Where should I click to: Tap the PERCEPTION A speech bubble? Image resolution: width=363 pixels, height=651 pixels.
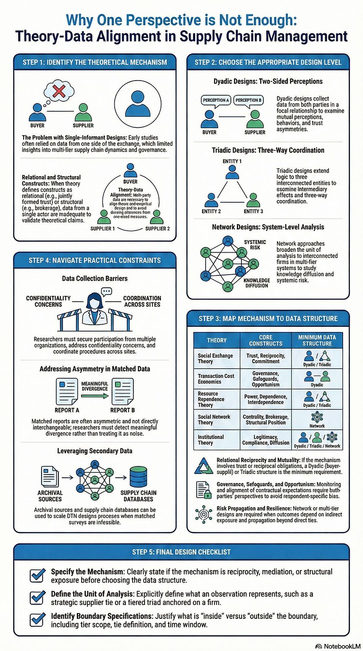point(216,100)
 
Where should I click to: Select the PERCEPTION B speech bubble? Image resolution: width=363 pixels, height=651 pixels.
point(248,100)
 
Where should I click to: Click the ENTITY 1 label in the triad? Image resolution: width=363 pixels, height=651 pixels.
point(232,161)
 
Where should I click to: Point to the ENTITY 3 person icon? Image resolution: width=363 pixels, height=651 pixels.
point(253,200)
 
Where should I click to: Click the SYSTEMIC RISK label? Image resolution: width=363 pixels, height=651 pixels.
point(255,245)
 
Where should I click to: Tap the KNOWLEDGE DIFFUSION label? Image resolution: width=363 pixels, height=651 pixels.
point(256,283)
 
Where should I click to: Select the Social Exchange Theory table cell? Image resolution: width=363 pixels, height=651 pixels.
point(215,358)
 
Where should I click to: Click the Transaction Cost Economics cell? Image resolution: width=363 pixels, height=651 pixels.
point(216,379)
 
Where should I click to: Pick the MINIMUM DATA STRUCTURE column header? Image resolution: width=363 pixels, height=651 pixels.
point(317,340)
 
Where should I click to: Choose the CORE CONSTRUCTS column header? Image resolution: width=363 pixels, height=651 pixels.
point(265,340)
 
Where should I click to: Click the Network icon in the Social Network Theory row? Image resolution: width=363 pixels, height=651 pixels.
point(317,417)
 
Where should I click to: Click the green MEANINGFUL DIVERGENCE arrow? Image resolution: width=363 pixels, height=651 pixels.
point(94,395)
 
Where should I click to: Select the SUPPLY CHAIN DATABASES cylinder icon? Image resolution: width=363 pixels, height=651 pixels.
point(138,476)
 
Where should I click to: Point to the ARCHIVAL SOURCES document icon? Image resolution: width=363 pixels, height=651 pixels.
point(50,476)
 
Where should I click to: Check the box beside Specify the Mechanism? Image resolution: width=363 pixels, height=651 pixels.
point(37,575)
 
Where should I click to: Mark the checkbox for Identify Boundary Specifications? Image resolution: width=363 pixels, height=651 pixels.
point(37,619)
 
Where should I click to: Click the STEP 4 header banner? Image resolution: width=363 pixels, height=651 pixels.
point(95,260)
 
